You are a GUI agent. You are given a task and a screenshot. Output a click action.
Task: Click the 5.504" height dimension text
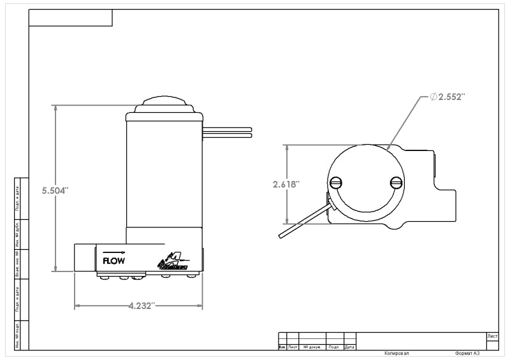click(55, 191)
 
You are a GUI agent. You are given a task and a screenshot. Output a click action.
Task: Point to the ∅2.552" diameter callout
click(448, 97)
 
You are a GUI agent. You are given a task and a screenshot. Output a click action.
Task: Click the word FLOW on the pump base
click(113, 260)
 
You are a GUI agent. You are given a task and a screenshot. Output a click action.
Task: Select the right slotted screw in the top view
click(396, 184)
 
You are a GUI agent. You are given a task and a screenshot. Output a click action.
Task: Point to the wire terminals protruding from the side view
click(228, 132)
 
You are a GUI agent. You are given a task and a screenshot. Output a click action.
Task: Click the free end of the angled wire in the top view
click(281, 236)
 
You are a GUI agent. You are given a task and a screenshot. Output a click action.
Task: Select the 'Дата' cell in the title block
click(349, 347)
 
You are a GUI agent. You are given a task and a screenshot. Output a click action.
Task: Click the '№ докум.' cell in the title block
click(312, 347)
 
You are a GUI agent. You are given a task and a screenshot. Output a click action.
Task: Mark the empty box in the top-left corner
click(71, 18)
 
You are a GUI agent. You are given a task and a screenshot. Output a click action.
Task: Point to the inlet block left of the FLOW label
click(85, 257)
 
